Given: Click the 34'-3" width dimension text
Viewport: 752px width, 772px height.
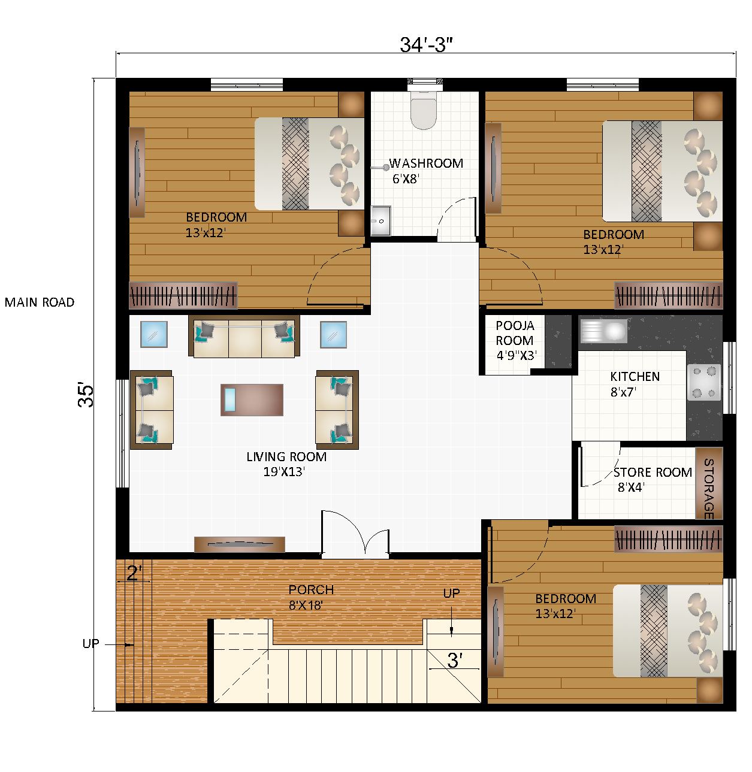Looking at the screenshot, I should [426, 45].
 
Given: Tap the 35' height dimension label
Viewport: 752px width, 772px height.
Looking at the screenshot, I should [86, 395].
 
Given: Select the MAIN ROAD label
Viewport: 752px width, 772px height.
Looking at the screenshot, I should [40, 302].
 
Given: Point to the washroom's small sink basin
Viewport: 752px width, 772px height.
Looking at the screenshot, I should [380, 221].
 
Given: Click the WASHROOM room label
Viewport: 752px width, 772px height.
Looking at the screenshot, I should [426, 164].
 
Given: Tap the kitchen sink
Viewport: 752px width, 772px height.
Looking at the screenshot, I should [603, 331].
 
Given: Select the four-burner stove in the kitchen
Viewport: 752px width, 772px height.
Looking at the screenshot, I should [703, 382].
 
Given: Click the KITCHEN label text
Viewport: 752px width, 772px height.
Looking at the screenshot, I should [635, 377].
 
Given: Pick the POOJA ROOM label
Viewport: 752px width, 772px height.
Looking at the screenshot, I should [515, 334].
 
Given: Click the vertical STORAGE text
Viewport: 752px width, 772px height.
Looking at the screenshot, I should [708, 488].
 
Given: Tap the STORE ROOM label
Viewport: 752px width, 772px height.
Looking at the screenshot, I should [653, 473].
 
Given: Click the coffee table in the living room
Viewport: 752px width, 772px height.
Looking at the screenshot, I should [252, 399].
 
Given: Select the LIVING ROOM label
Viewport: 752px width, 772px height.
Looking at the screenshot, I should [286, 457].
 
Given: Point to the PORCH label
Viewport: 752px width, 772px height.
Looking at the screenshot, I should [311, 590].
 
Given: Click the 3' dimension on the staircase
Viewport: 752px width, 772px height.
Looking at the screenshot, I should [454, 661].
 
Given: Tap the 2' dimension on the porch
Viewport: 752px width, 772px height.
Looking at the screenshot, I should [133, 574].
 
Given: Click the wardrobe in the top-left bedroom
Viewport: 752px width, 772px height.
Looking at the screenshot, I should [183, 295].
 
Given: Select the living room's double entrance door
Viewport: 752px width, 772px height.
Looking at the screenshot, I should [355, 534].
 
